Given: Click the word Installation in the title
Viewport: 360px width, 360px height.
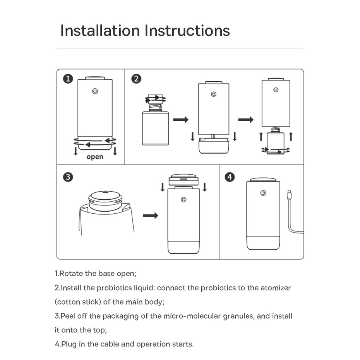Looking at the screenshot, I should click(100, 31).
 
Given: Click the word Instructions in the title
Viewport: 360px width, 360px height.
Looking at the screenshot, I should click(187, 31).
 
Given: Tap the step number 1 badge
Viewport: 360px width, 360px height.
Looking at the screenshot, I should click(68, 79).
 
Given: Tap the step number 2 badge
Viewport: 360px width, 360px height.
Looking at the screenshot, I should click(136, 79).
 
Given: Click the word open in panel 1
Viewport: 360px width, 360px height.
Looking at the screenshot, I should click(95, 157).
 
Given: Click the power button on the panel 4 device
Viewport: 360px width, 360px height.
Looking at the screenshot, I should click(263, 193).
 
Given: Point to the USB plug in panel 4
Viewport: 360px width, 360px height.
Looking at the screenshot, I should click(288, 195).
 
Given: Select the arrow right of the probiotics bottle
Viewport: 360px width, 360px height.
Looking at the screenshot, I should click(180, 120).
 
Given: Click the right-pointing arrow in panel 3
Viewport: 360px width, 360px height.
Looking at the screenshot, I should click(151, 216).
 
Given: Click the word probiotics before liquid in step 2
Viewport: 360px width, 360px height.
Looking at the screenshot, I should click(115, 288).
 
